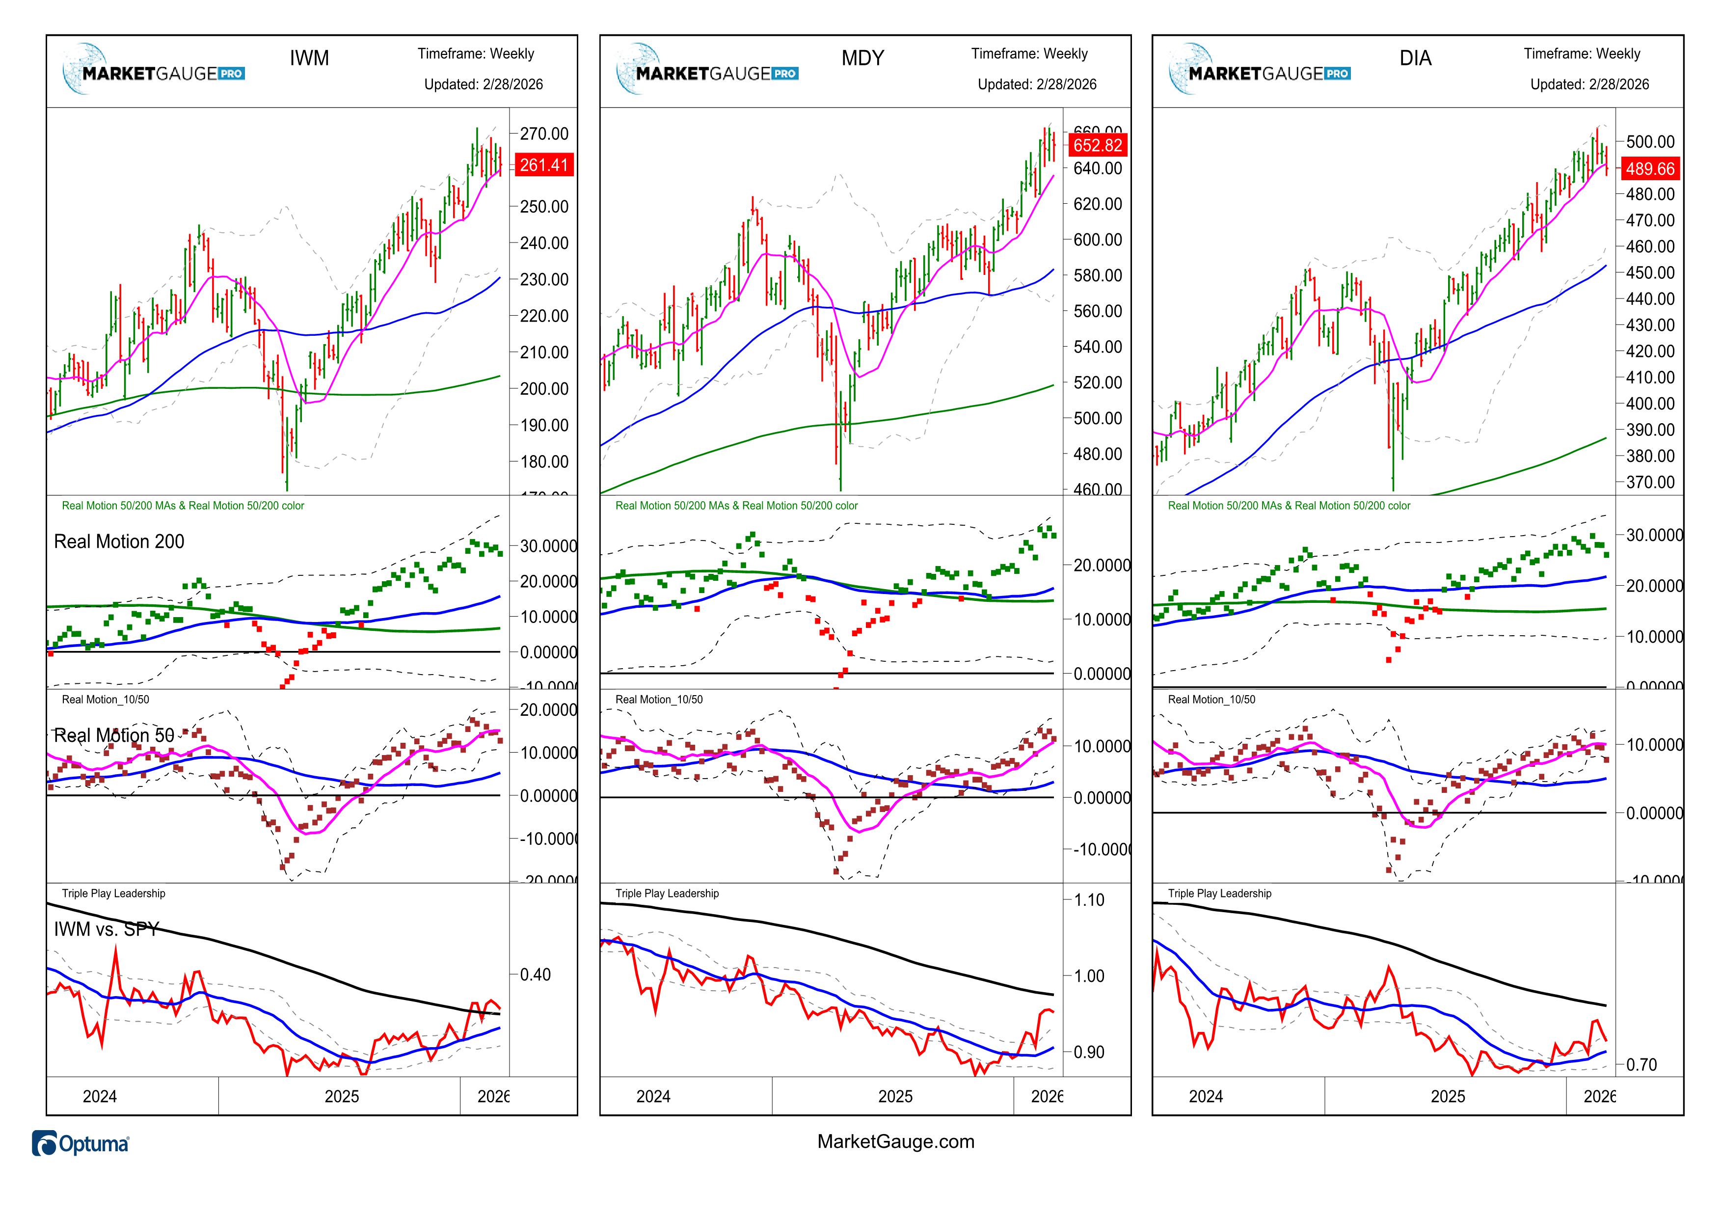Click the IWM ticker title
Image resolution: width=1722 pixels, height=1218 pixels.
click(x=309, y=58)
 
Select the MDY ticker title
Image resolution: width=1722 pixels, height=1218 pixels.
click(x=862, y=58)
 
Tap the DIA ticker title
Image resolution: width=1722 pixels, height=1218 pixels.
click(x=1415, y=58)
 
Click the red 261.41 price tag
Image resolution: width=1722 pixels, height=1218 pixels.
click(x=544, y=165)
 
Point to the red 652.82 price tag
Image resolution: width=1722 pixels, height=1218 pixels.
click(x=1097, y=145)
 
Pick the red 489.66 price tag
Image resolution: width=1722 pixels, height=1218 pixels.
click(x=1649, y=169)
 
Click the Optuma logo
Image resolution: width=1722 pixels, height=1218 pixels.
click(x=81, y=1144)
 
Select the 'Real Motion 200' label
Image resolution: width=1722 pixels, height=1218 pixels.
click(x=118, y=541)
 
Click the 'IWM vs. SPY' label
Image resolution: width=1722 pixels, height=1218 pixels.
click(x=106, y=929)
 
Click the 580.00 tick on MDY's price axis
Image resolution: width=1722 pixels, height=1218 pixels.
click(x=1097, y=275)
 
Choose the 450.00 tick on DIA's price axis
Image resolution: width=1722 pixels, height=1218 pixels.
click(x=1650, y=273)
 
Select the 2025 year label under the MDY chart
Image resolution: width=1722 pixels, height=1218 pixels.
click(x=895, y=1097)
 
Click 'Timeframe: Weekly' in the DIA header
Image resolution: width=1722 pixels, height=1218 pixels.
click(x=1582, y=54)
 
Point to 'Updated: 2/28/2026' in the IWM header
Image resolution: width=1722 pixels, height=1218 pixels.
click(x=483, y=84)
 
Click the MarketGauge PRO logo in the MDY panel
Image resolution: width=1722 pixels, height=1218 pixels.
click(x=707, y=72)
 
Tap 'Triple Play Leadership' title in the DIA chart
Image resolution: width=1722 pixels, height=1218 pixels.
click(x=1219, y=893)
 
